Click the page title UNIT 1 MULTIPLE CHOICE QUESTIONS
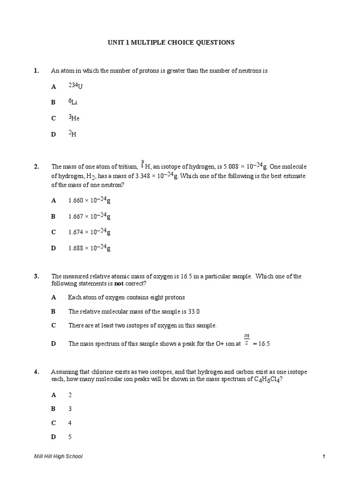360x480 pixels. tap(171, 43)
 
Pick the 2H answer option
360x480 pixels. tap(72, 134)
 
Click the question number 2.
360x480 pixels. tap(37, 166)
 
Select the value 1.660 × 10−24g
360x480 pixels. tap(89, 200)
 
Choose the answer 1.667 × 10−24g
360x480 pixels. tap(89, 216)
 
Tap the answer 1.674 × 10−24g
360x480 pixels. tap(89, 232)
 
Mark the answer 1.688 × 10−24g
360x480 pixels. tap(89, 248)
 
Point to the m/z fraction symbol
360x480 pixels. tap(247, 338)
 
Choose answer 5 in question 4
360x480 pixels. tap(70, 437)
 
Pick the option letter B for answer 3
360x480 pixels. tap(53, 409)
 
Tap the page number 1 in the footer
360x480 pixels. tap(323, 456)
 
